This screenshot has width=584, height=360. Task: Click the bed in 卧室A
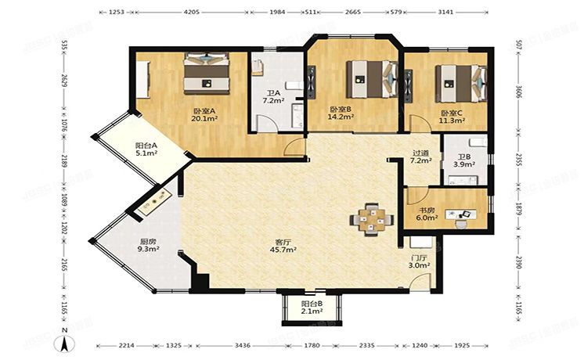point(207,72)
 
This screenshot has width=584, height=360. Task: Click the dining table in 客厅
point(373,218)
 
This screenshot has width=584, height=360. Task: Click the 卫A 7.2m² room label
point(272,97)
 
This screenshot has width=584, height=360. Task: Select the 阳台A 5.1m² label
point(146,149)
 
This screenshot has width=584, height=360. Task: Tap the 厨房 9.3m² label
point(150,246)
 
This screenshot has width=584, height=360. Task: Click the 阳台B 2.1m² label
point(312,308)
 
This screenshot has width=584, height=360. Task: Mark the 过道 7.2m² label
point(421,157)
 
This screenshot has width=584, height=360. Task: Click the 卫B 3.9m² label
point(464,160)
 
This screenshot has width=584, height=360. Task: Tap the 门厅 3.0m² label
point(420,261)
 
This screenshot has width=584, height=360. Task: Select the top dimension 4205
point(191,13)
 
